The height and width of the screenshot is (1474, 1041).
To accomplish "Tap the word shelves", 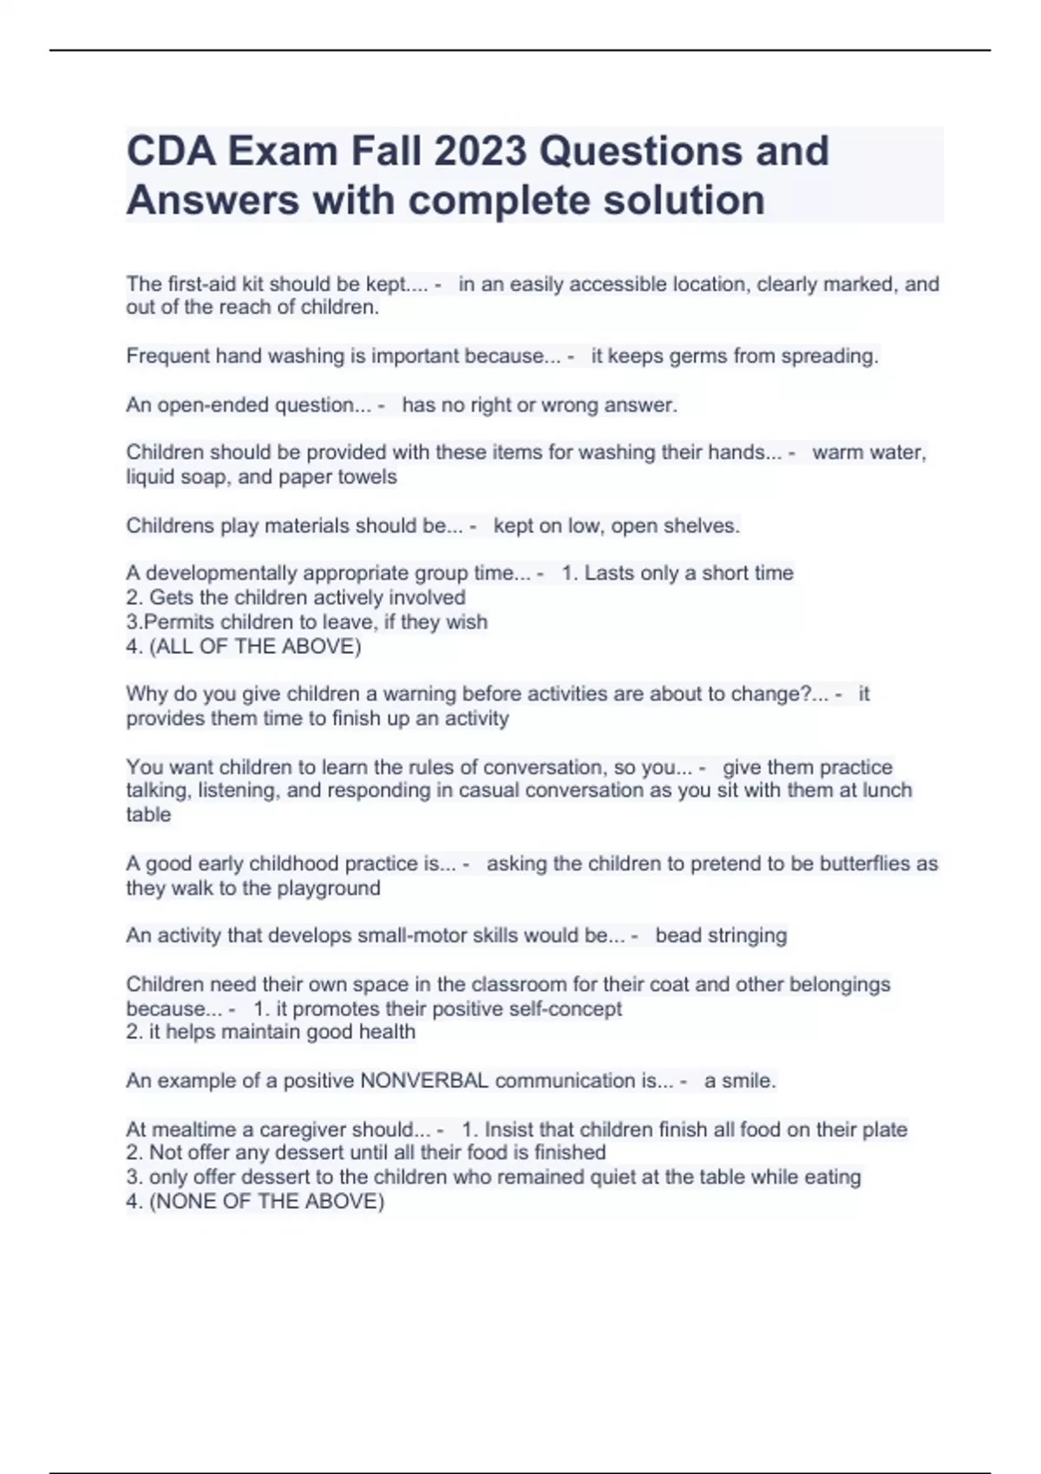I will click(x=702, y=525).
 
